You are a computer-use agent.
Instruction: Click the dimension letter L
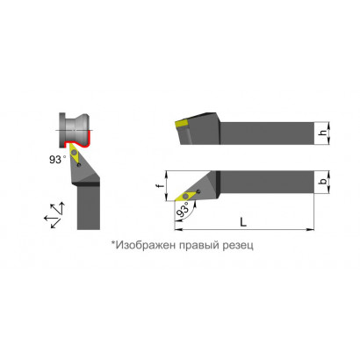click(x=243, y=222)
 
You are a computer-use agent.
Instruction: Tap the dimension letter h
click(x=322, y=133)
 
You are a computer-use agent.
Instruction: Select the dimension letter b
click(x=323, y=182)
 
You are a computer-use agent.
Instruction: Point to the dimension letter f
click(x=161, y=185)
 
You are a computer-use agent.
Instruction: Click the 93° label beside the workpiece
click(x=57, y=160)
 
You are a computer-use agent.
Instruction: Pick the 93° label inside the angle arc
click(x=183, y=211)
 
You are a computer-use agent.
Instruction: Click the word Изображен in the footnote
click(x=142, y=245)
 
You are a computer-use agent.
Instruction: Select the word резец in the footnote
click(x=238, y=246)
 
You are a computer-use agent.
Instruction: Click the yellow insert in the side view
click(x=182, y=124)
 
